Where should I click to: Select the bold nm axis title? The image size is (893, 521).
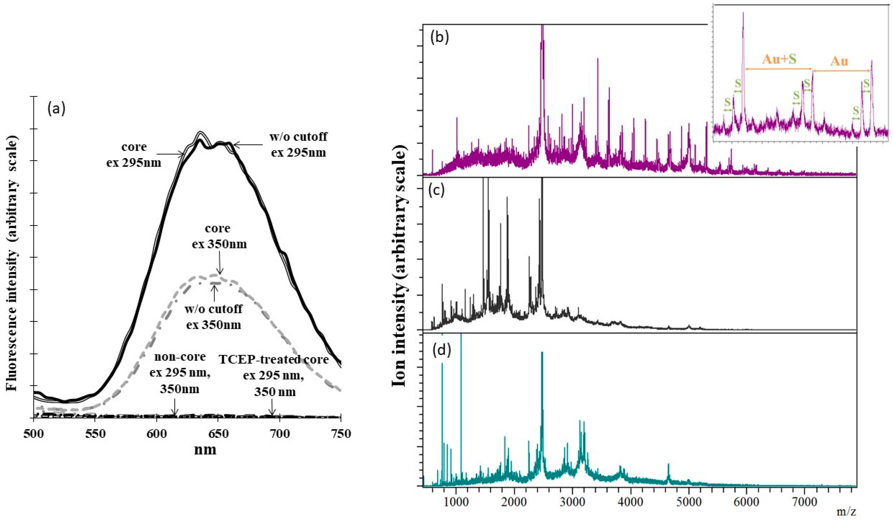pos(205,450)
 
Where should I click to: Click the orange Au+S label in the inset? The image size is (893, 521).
pos(779,59)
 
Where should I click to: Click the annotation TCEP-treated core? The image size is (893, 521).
pos(274,359)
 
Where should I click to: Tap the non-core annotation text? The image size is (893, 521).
pos(180,357)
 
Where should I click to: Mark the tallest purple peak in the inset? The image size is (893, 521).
pos(743,14)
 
